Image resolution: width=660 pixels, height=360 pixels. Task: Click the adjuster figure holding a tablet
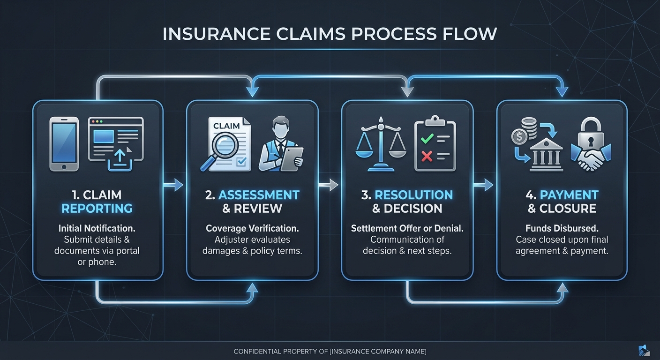tap(281, 145)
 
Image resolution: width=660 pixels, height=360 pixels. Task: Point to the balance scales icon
tap(381, 145)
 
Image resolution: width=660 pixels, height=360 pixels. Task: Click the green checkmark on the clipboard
tap(427, 139)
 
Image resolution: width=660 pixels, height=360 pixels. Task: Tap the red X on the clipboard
tap(427, 156)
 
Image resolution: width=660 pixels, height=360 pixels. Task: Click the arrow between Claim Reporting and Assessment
tap(175, 185)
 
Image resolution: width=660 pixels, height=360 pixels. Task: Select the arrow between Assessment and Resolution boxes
tap(330, 185)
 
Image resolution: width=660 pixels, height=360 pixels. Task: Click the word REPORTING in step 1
tap(97, 209)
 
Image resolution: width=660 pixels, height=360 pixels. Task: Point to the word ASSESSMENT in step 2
tap(259, 195)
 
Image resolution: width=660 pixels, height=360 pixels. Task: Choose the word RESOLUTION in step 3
tap(414, 195)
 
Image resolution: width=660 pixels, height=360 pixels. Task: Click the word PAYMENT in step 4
tap(569, 195)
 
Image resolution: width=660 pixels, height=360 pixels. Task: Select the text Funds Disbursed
tap(562, 229)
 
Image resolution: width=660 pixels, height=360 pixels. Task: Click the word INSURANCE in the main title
tap(217, 34)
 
